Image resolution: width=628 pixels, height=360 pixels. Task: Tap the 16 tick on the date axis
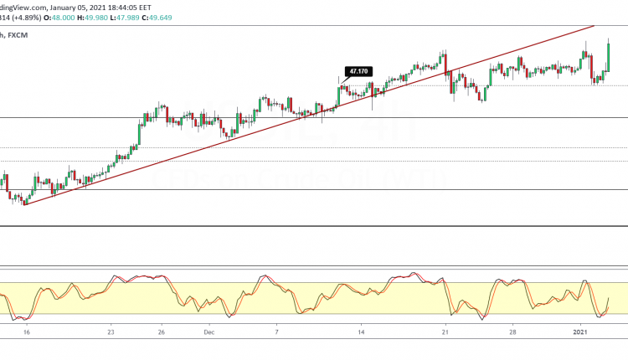tap(27, 332)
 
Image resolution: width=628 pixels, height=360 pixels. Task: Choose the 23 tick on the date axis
tap(111, 332)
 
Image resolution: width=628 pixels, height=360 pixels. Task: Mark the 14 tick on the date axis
tap(361, 332)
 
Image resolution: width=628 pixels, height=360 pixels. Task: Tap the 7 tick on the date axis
tap(277, 332)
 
